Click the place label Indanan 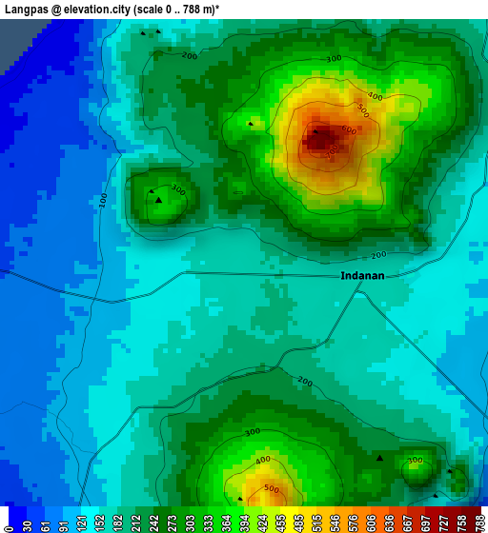pyautogui.click(x=362, y=276)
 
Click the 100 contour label pyautogui.click(x=102, y=202)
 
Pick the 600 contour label pyautogui.click(x=349, y=131)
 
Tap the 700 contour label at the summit pyautogui.click(x=330, y=150)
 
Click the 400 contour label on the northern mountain pyautogui.click(x=375, y=97)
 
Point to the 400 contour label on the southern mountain pyautogui.click(x=263, y=461)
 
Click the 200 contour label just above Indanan pyautogui.click(x=378, y=255)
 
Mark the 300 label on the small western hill pyautogui.click(x=177, y=188)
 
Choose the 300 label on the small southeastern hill pyautogui.click(x=415, y=463)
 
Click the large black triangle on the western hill pyautogui.click(x=159, y=201)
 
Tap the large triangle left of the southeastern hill pyautogui.click(x=379, y=459)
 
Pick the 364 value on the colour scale pyautogui.click(x=226, y=523)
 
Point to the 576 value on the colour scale pyautogui.click(x=353, y=523)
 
